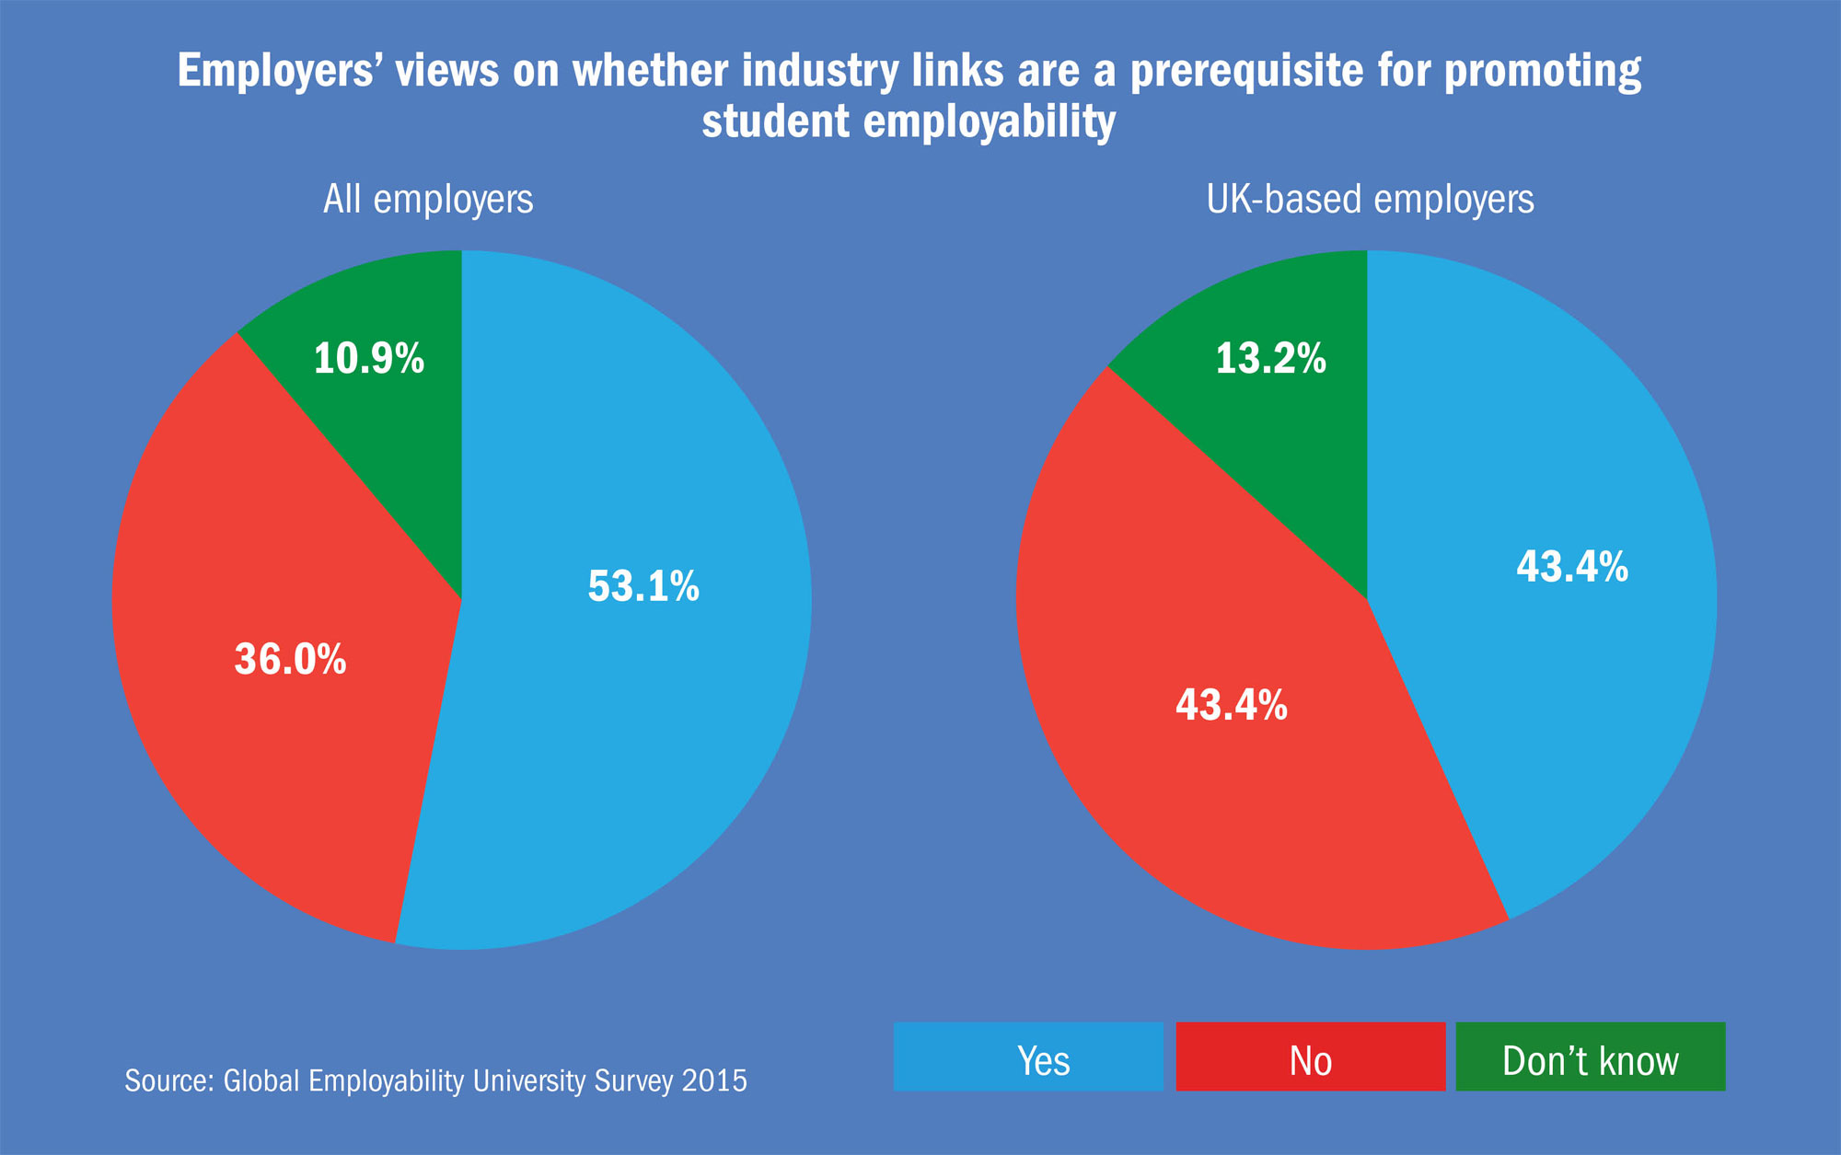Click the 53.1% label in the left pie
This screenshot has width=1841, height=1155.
point(643,586)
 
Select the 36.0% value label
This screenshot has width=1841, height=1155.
point(290,659)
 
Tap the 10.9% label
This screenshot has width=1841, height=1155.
point(369,358)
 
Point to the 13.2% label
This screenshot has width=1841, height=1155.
point(1270,358)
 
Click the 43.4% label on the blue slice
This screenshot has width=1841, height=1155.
point(1572,566)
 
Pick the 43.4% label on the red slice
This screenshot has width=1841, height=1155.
point(1231,705)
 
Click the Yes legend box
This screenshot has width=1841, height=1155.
point(1028,1057)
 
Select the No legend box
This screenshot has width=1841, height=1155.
point(1310,1057)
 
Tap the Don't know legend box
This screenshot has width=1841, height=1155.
point(1590,1057)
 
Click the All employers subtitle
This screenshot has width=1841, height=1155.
point(428,199)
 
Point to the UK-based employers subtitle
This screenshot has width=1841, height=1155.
point(1370,199)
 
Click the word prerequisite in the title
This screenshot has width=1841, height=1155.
point(1246,72)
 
